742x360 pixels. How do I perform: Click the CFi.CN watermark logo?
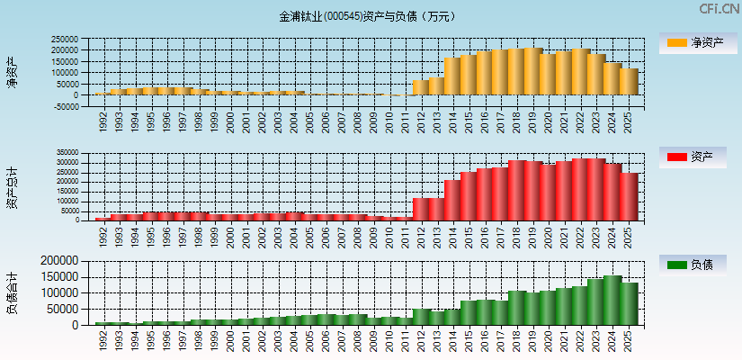[720, 9]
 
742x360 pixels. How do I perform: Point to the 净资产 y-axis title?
[12, 71]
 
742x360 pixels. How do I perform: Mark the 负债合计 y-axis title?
[12, 292]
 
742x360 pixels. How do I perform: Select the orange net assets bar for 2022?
[581, 72]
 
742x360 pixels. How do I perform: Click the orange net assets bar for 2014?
[452, 76]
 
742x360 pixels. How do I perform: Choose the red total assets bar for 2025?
[629, 197]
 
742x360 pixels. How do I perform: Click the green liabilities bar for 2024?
[612, 301]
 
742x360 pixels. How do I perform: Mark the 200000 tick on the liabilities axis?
[62, 261]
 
